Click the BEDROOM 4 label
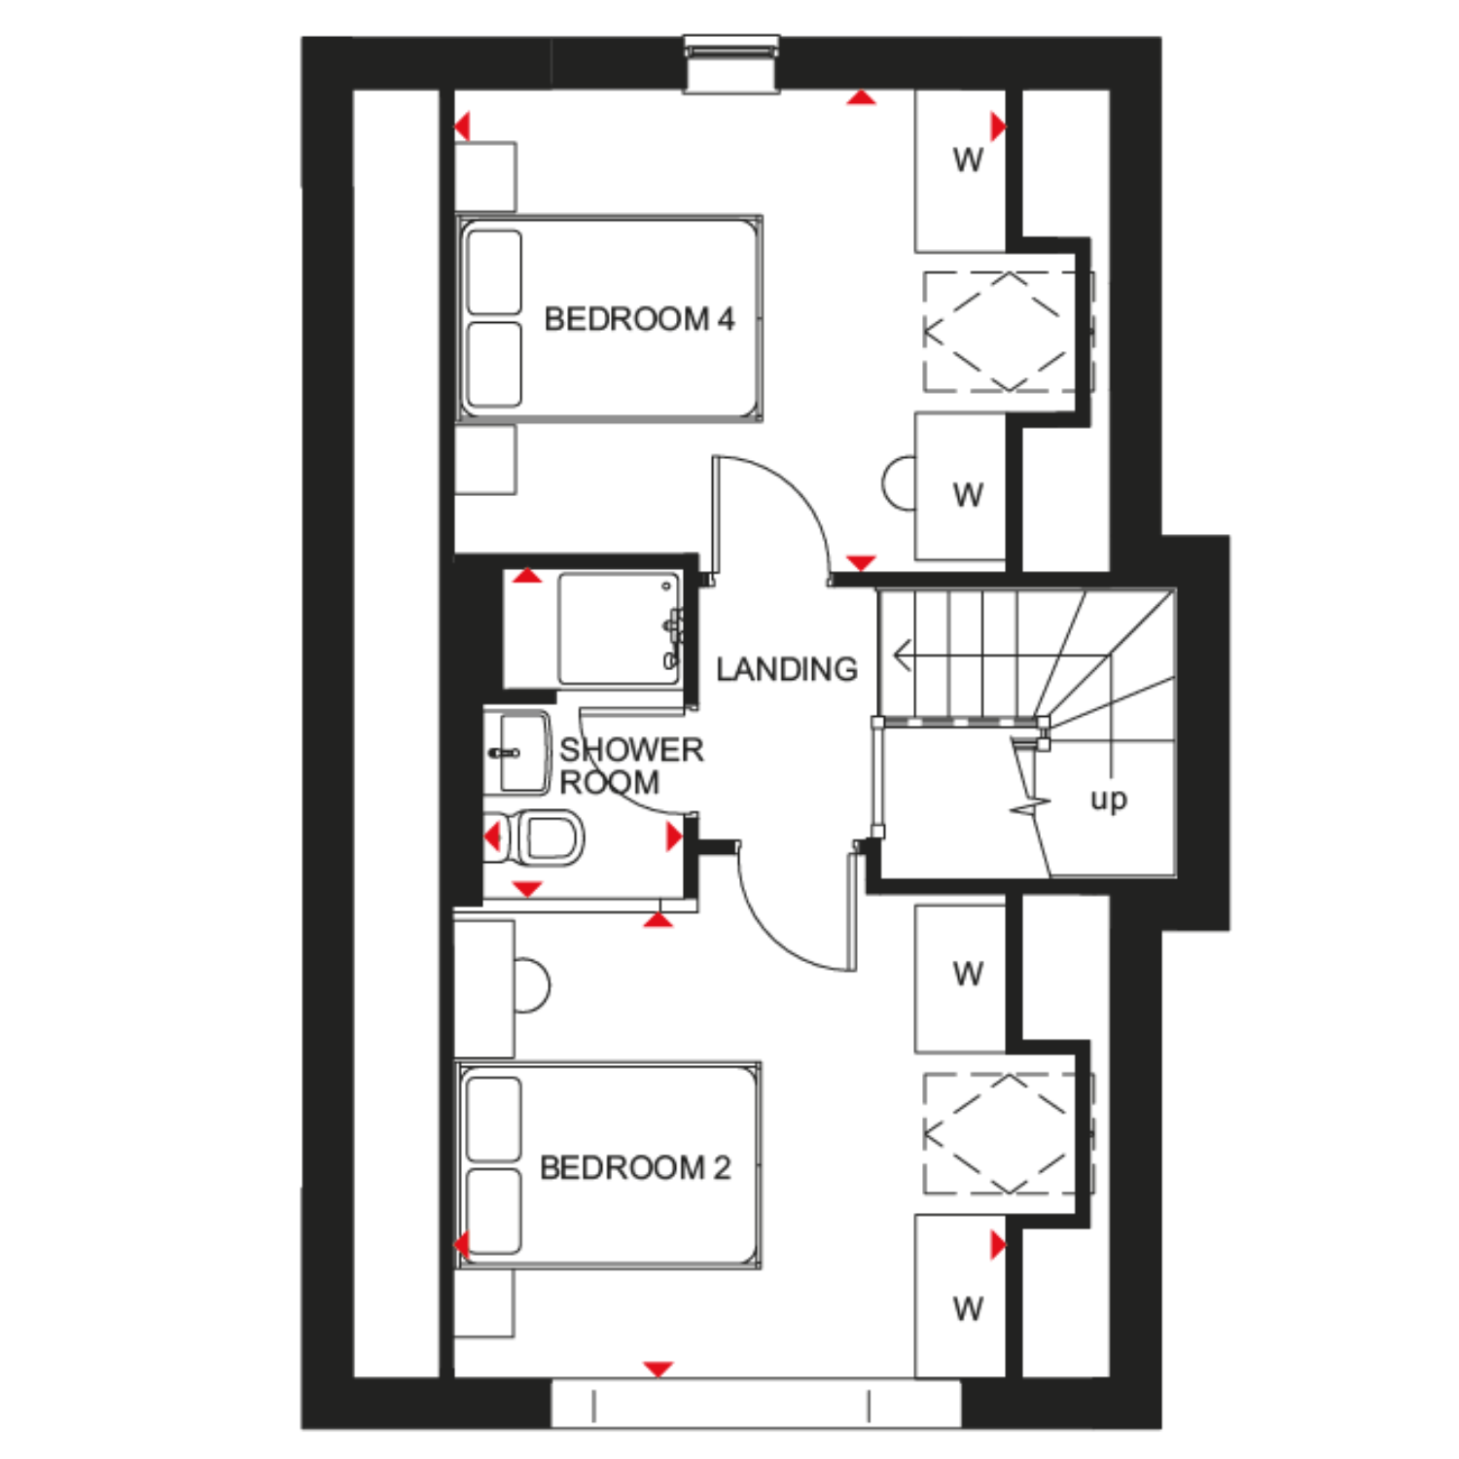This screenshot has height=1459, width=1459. point(639,319)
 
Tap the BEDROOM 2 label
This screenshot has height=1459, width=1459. point(635,1167)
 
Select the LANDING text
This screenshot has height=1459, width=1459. point(787,669)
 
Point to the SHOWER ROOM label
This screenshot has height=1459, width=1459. point(631,765)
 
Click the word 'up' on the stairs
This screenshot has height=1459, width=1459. point(1109,800)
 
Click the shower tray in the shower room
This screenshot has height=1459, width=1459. point(620,629)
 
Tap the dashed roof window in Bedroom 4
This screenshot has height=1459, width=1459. point(1002,332)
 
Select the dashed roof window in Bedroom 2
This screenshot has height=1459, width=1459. point(1002,1134)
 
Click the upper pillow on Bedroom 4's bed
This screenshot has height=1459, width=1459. point(494,272)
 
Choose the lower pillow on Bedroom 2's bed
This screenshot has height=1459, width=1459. point(493,1212)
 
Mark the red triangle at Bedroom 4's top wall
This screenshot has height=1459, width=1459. point(861,97)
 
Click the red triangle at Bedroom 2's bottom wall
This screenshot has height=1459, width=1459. point(658,1369)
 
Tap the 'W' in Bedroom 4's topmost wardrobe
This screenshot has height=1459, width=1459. point(968,160)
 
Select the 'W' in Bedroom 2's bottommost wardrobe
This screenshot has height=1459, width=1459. point(968,1309)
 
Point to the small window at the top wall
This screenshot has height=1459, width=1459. point(731,64)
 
